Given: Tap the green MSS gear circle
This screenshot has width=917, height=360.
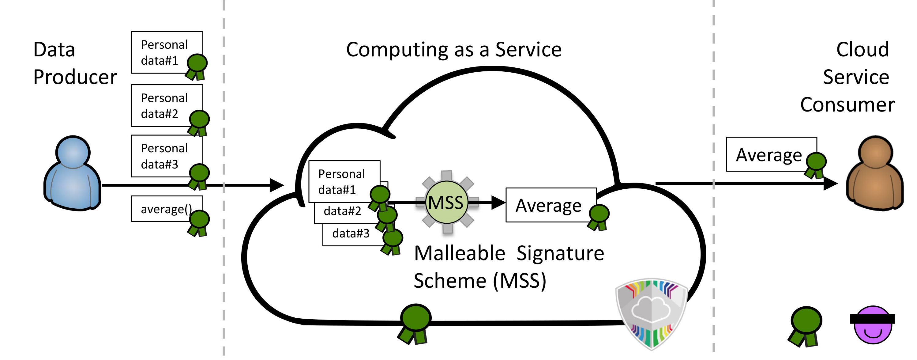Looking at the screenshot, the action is tap(447, 202).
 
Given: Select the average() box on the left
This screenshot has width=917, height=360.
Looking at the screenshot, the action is tap(167, 209).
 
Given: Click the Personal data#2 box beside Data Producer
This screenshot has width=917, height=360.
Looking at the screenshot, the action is tap(167, 106).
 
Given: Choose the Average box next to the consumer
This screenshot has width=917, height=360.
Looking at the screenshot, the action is tap(771, 154).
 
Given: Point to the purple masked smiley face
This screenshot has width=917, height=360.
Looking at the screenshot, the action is tap(873, 325).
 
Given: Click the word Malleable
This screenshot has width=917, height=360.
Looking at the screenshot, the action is tap(460, 253).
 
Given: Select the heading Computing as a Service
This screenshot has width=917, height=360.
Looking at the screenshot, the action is tap(454, 50).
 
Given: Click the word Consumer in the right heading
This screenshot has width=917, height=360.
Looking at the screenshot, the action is tap(847, 105).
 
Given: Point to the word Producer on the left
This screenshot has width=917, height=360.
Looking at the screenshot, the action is tap(75, 77).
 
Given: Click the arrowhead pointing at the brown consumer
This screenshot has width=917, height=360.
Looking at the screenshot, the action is tap(831, 184).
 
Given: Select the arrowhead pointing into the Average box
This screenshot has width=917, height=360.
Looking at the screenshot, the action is tap(498, 202).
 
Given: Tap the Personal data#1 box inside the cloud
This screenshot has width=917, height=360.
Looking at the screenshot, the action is tap(344, 182).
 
